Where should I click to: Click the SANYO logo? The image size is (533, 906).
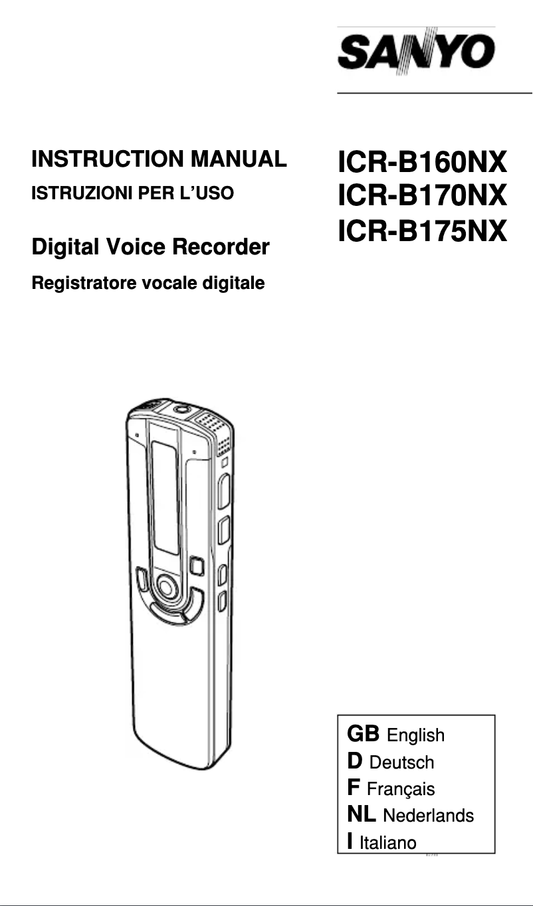pos(416,51)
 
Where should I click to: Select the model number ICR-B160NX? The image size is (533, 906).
pos(422,162)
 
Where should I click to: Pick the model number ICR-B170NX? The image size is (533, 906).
pos(422,197)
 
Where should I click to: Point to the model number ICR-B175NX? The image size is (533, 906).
pos(422,231)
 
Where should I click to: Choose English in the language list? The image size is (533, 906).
pos(415,735)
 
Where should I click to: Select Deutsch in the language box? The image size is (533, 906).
pos(401,763)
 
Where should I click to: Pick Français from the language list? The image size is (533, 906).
pos(401,789)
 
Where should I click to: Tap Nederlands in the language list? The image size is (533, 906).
pos(428,815)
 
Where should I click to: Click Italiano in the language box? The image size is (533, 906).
pos(387,843)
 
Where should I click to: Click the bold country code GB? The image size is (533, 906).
pos(363,734)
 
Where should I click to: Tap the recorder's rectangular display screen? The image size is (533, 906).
pos(165,498)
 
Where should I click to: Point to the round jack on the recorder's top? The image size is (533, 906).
pos(180,410)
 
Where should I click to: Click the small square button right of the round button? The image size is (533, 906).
pos(196,566)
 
